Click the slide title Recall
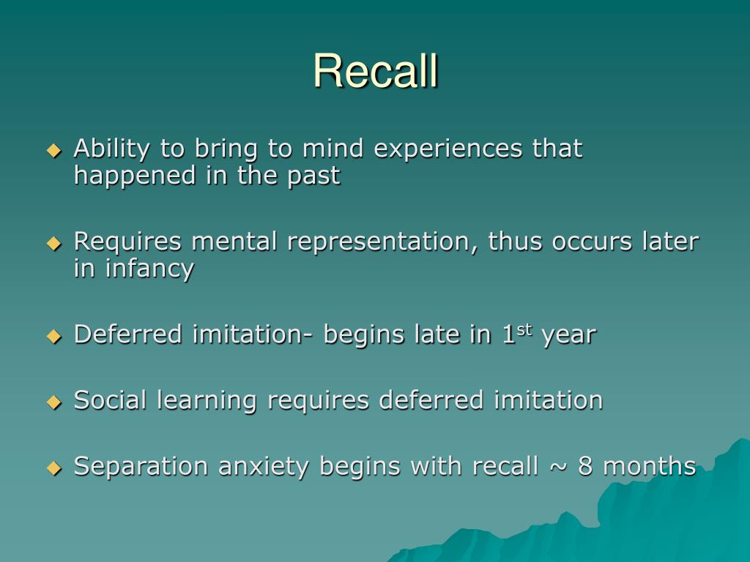375,71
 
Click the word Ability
112,149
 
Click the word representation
382,241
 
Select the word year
569,335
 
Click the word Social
111,400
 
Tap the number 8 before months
585,466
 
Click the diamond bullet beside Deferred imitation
53,336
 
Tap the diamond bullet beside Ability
53,150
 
